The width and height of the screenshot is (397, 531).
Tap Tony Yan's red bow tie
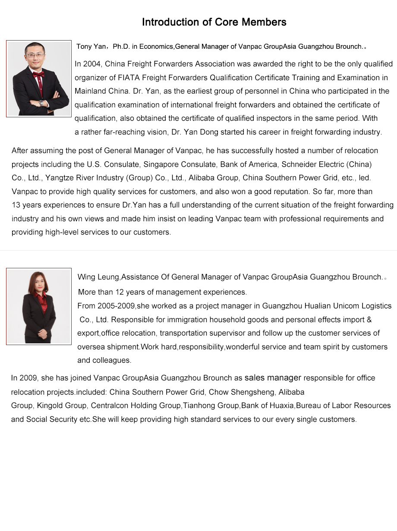[38, 74]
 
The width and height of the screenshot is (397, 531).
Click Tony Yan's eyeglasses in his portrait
[35, 55]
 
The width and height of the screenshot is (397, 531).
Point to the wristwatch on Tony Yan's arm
[41, 103]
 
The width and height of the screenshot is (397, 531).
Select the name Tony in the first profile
[84, 47]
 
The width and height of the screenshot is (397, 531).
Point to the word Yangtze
[59, 178]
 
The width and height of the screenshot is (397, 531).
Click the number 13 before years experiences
[16, 205]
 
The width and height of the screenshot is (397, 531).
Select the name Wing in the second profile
[86, 277]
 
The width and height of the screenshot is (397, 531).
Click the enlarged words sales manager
[273, 378]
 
